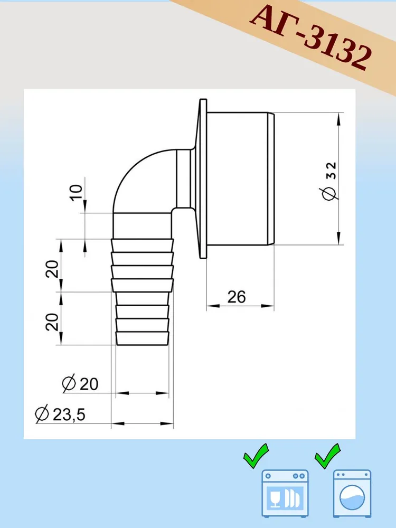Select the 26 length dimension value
coord(237,297)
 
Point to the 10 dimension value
coord(77,193)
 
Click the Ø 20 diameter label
coord(80,384)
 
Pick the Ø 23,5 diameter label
coord(60,414)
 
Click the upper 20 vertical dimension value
coord(52,269)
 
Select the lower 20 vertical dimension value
coord(52,322)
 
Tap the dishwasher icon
coord(285,493)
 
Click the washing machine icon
coord(352,493)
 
